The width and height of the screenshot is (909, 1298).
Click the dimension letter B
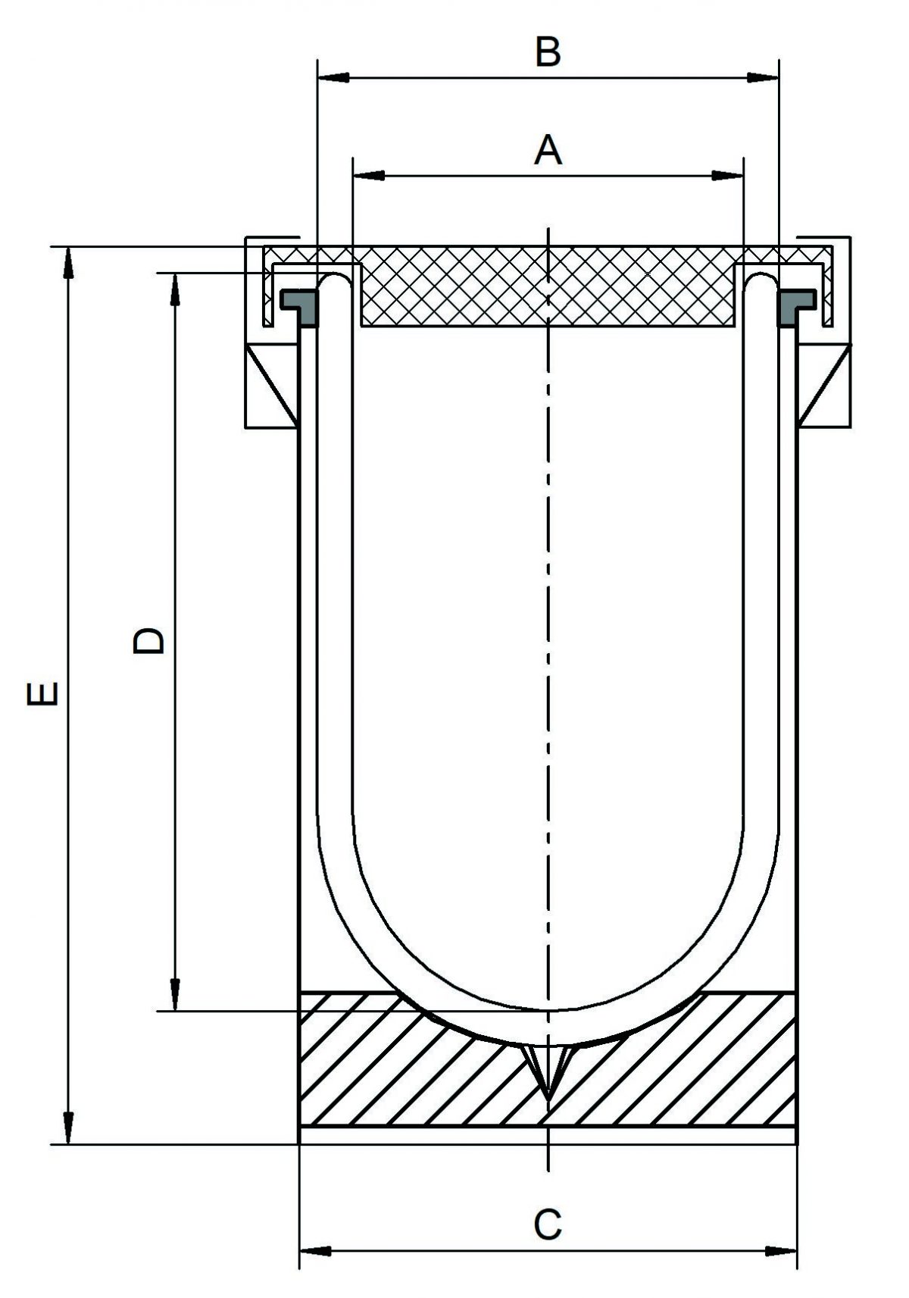(548, 53)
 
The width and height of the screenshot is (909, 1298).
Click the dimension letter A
(548, 151)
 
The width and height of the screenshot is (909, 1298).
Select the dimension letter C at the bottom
(548, 1224)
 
